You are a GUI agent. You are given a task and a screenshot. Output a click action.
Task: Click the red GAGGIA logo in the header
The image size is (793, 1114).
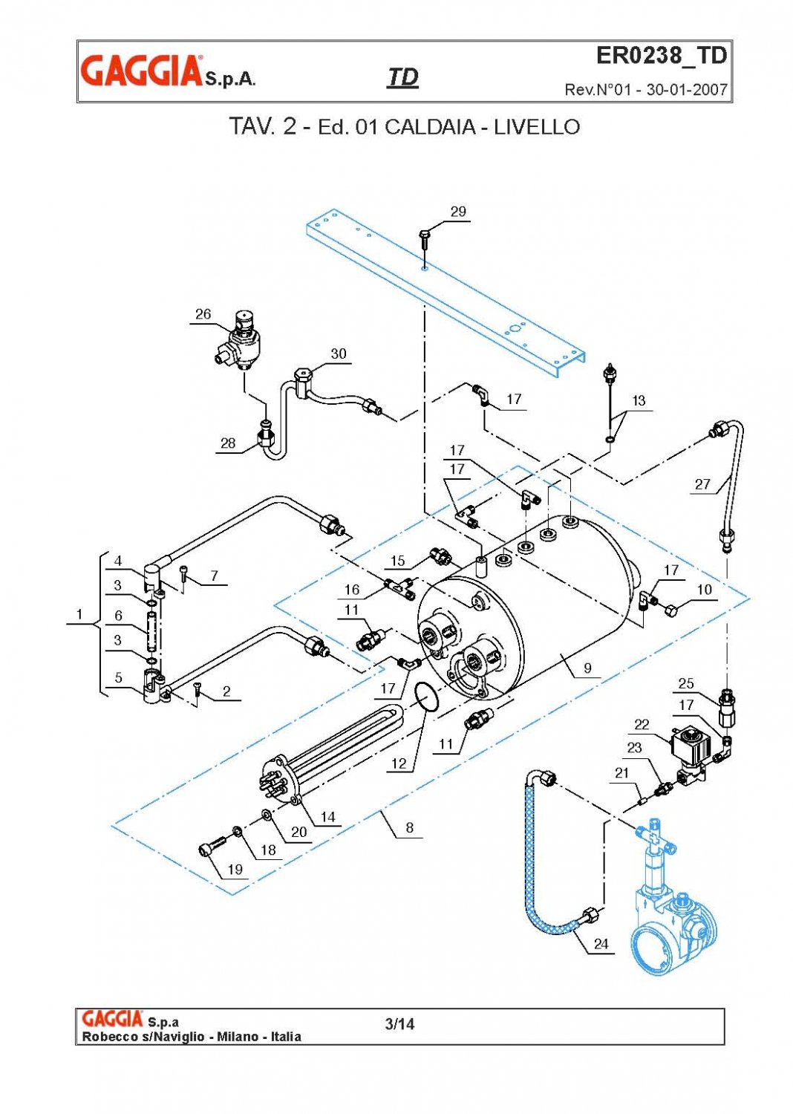point(141,71)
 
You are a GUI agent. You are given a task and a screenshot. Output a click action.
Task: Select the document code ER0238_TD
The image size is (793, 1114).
point(661,56)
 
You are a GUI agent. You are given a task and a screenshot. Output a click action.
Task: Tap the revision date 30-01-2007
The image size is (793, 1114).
point(686,90)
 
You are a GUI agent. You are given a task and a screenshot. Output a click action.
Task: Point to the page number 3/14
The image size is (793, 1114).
point(399,1024)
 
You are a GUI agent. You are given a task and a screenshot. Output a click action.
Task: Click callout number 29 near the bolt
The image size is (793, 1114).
point(458,212)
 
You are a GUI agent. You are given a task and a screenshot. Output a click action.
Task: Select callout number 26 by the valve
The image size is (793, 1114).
point(203,314)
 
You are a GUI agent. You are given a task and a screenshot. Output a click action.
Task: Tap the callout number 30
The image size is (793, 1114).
point(339,354)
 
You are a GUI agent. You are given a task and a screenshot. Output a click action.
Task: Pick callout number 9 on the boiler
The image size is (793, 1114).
point(587,668)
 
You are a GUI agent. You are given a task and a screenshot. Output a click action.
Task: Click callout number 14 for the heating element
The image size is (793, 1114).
point(327,817)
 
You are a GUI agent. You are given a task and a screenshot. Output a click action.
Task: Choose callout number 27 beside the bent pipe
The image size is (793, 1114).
point(702,484)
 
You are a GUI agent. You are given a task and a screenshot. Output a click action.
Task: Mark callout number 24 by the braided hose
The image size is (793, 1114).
point(601,943)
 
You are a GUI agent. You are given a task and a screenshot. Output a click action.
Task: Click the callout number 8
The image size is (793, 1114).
point(409,827)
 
